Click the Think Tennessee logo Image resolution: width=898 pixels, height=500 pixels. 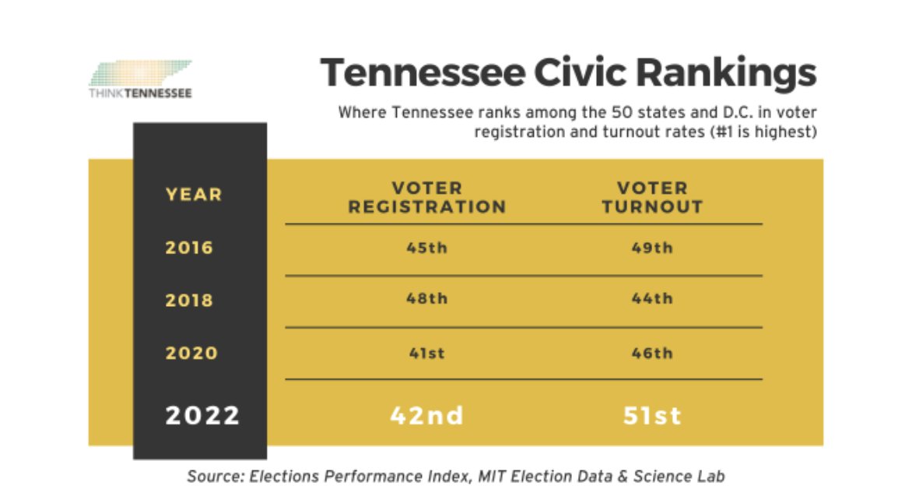[x=140, y=79]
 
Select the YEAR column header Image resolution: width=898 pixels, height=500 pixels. [x=194, y=195]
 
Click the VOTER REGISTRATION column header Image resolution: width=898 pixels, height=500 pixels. [x=426, y=198]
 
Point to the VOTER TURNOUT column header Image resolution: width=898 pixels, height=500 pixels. [x=652, y=198]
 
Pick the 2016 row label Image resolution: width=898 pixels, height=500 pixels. [x=189, y=248]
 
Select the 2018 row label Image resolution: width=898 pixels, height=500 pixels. [x=189, y=301]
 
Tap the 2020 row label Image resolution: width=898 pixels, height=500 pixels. [x=191, y=354]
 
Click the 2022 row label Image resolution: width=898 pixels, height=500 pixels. [x=202, y=415]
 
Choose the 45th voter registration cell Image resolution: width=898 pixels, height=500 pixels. [x=426, y=248]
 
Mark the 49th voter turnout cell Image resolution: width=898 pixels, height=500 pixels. [x=652, y=248]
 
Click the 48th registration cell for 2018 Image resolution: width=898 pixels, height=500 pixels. [x=426, y=299]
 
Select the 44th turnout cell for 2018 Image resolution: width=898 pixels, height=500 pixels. [x=652, y=299]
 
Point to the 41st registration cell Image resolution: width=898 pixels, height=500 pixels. [x=426, y=353]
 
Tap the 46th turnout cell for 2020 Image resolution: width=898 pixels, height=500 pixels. [x=652, y=353]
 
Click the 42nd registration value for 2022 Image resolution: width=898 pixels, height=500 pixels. [x=426, y=415]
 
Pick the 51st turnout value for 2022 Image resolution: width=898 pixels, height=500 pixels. [x=652, y=415]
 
